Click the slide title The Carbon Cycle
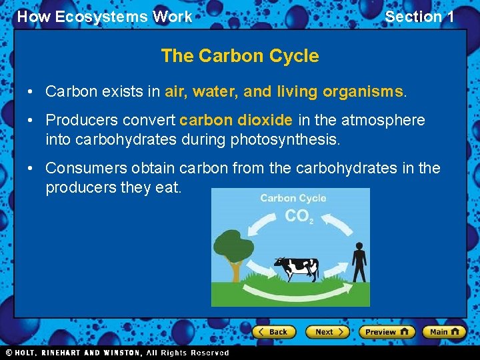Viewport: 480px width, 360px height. pyautogui.click(x=240, y=56)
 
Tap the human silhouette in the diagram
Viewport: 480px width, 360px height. pyautogui.click(x=359, y=262)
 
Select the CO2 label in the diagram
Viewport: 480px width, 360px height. pyautogui.click(x=298, y=217)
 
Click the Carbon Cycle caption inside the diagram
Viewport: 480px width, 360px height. pyautogui.click(x=293, y=198)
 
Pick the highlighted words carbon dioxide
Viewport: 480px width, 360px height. pyautogui.click(x=236, y=120)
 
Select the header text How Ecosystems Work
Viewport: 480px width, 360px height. pyautogui.click(x=105, y=17)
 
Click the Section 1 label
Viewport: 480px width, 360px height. pyautogui.click(x=419, y=17)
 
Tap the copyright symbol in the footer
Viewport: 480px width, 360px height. pyautogui.click(x=9, y=353)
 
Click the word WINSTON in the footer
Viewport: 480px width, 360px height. pyautogui.click(x=122, y=353)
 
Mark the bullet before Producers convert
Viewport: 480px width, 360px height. pyautogui.click(x=31, y=121)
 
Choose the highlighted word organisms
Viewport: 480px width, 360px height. pyautogui.click(x=363, y=91)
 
